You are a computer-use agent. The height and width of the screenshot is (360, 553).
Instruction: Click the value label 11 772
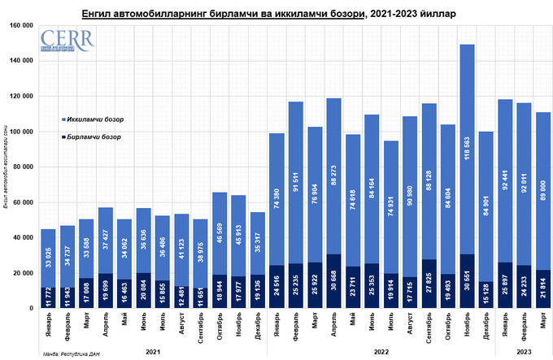pos(50,298)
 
